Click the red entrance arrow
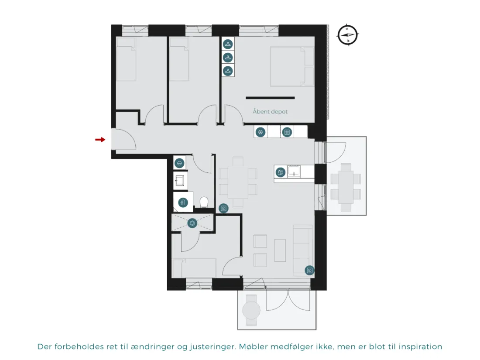(100, 140)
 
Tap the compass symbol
(348, 35)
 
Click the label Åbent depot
(270, 111)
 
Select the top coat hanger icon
(228, 44)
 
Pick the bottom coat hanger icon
(228, 71)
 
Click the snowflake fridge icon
(261, 132)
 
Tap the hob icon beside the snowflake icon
(287, 132)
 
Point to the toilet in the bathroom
(204, 202)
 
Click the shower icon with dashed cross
(192, 223)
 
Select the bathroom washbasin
(180, 181)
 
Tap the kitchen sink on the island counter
(294, 171)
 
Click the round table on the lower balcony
(251, 310)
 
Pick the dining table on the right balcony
(346, 187)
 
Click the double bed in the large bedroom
(292, 66)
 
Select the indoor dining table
(238, 182)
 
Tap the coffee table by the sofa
(280, 250)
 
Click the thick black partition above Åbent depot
(270, 98)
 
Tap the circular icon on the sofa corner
(309, 270)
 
